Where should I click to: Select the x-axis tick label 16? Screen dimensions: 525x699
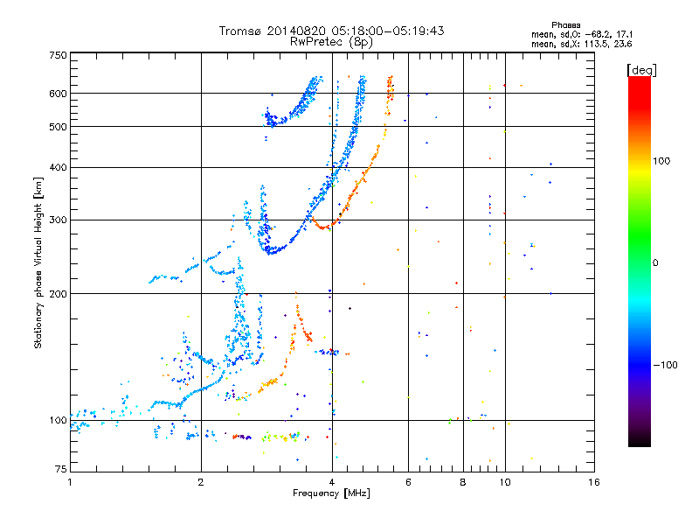[592, 482]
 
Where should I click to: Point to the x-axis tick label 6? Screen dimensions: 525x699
[409, 482]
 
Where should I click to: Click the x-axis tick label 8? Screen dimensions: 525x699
[463, 482]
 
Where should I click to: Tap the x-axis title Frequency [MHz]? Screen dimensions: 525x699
[332, 493]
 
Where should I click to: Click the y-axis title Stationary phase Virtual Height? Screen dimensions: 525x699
[38, 262]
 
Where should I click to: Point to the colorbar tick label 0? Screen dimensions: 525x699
[657, 262]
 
